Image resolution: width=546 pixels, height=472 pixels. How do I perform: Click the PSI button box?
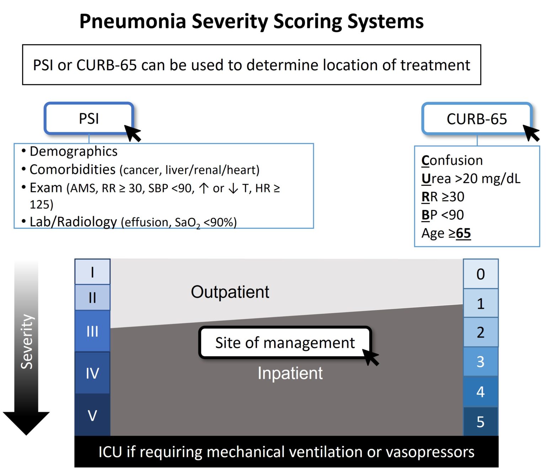(x=89, y=118)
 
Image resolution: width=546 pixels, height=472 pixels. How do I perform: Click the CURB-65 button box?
(x=476, y=119)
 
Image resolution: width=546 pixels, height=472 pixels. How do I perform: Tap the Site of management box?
(x=285, y=343)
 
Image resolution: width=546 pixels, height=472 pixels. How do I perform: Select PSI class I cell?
(x=92, y=272)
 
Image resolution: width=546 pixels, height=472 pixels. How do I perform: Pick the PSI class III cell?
(x=92, y=331)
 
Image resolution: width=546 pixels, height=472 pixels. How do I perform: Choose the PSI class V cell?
(x=92, y=415)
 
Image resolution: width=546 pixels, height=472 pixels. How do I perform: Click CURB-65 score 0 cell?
(x=481, y=274)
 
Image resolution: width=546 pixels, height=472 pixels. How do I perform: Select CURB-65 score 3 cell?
(x=481, y=361)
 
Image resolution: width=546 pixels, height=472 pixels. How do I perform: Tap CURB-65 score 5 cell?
(x=481, y=422)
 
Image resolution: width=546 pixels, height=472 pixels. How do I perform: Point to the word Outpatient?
(x=230, y=292)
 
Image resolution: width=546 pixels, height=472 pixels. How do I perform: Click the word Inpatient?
(x=290, y=373)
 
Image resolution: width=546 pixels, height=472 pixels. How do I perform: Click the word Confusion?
(x=452, y=160)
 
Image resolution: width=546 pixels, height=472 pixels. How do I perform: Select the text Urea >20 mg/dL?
(x=471, y=178)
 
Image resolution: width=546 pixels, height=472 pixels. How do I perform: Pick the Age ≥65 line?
(x=446, y=233)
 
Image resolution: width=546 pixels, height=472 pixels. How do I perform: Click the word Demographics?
(x=73, y=151)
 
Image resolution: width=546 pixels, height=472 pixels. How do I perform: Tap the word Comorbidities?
(x=73, y=170)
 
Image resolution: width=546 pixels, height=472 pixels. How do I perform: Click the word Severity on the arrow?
(x=27, y=342)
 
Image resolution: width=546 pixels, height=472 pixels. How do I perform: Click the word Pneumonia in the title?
(x=133, y=21)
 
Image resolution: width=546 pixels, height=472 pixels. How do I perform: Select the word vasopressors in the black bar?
(x=430, y=452)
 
